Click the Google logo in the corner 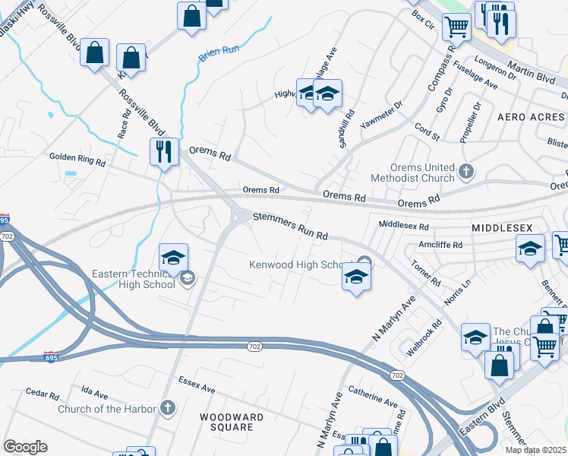[x=25, y=447]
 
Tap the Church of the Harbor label [x=106, y=409]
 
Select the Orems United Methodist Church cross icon [x=467, y=173]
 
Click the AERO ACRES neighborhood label [x=531, y=117]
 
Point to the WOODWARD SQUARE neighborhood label [x=232, y=422]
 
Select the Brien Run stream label [x=218, y=55]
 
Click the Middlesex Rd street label [x=403, y=226]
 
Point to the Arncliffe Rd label [x=440, y=245]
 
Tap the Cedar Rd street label [x=43, y=395]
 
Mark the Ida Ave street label [x=95, y=392]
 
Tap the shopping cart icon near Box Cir [x=456, y=26]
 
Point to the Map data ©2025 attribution [x=535, y=450]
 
